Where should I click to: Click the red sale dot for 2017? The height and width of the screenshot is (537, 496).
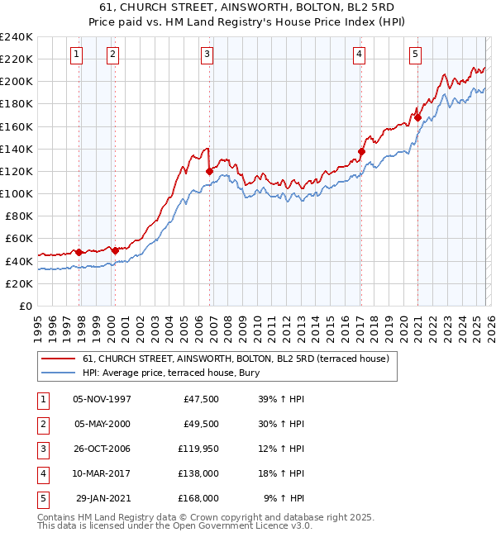361,151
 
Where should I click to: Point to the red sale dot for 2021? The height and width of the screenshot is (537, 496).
418,117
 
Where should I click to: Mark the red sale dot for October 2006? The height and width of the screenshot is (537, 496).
210,171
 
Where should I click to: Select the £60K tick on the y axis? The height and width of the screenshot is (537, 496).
19,239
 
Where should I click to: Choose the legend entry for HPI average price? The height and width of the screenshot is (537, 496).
171,373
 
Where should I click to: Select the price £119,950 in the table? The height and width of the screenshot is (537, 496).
198,449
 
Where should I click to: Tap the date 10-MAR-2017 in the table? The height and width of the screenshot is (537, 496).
102,473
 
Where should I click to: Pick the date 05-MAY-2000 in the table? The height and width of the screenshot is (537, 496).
102,424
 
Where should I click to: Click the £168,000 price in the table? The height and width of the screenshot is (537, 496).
198,498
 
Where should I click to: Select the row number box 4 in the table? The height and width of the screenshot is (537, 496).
41,473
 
